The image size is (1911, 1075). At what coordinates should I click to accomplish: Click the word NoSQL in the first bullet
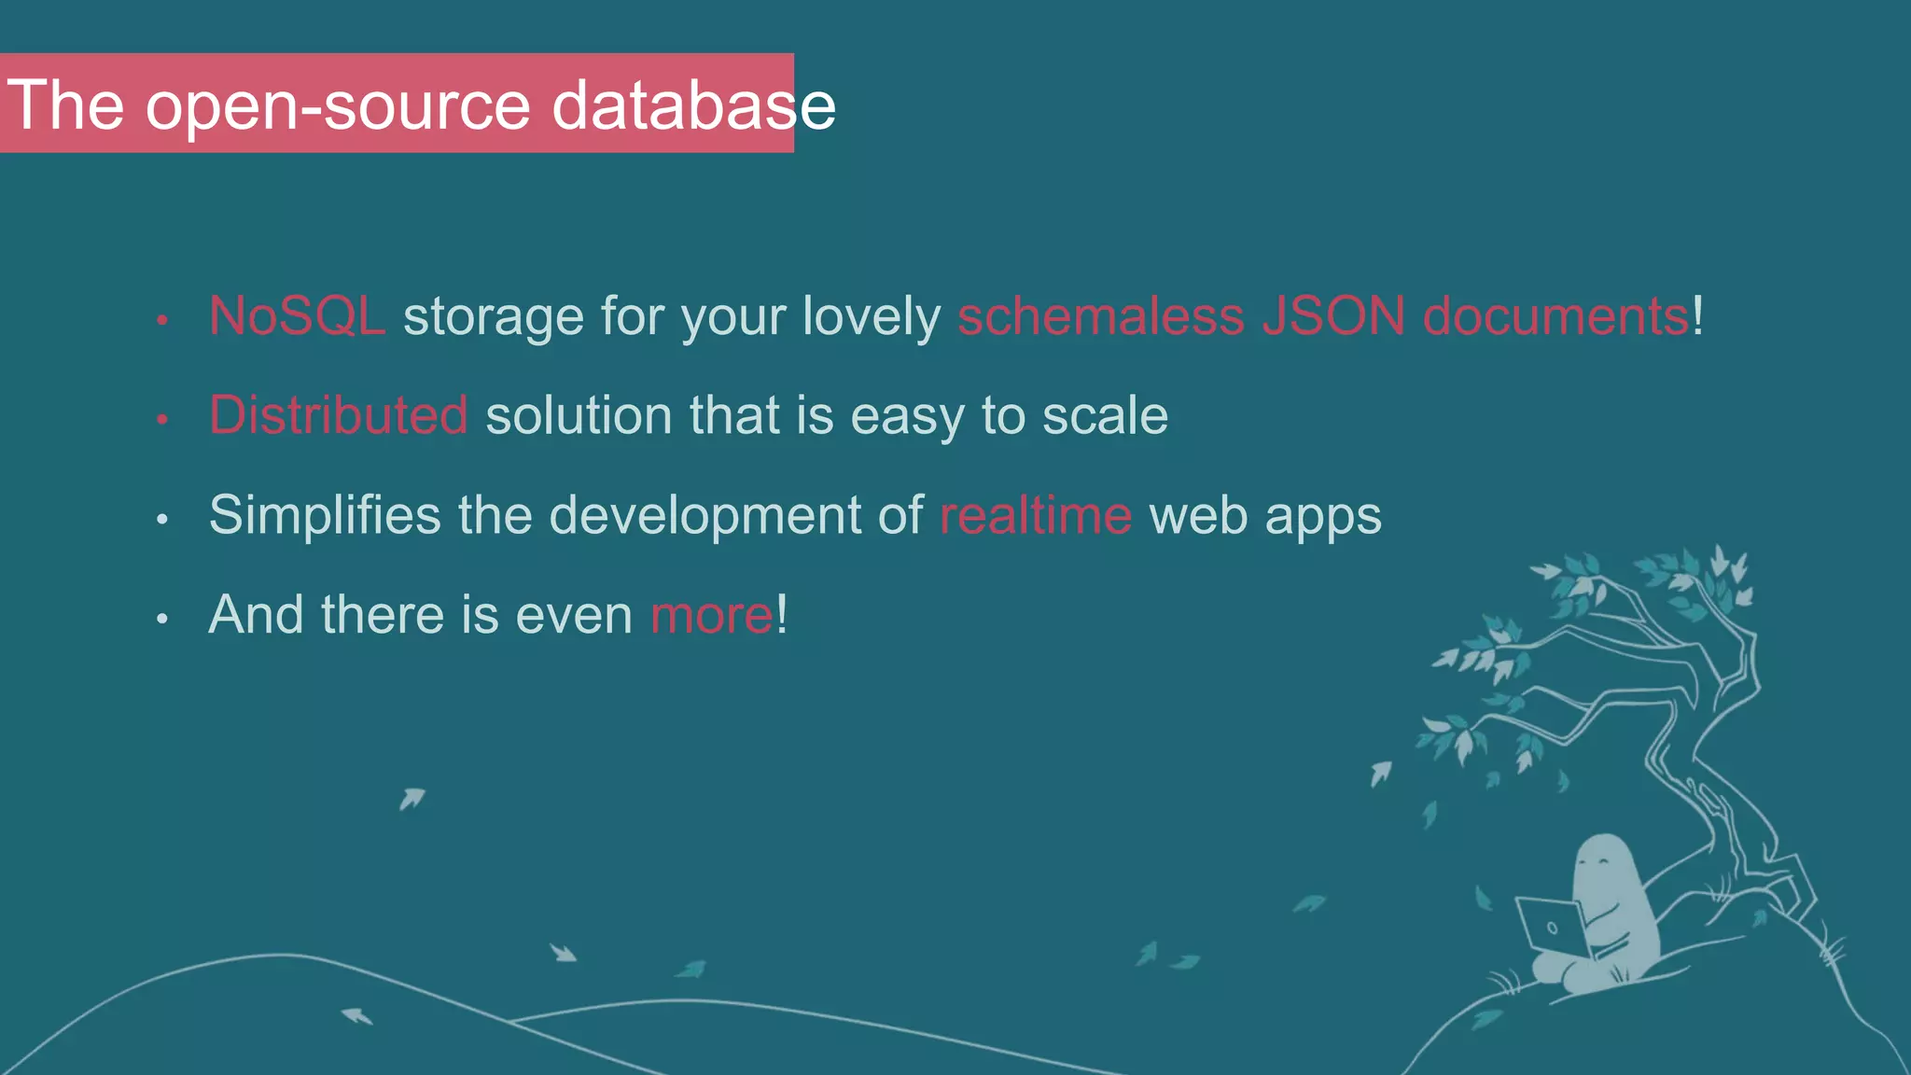pyautogui.click(x=296, y=315)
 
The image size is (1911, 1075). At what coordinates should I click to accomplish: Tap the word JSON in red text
pyautogui.click(x=1333, y=315)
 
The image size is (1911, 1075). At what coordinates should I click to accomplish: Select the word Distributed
pyautogui.click(x=338, y=415)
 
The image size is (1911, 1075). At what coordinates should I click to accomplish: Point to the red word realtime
pyautogui.click(x=1036, y=515)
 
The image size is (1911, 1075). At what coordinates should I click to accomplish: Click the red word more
pyautogui.click(x=711, y=615)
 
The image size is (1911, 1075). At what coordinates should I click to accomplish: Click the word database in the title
pyautogui.click(x=693, y=105)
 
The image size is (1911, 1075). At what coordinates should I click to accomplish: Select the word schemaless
pyautogui.click(x=1101, y=315)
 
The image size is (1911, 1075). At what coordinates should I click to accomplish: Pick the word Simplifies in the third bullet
pyautogui.click(x=325, y=515)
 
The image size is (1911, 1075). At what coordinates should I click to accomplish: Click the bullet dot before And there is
pyautogui.click(x=162, y=618)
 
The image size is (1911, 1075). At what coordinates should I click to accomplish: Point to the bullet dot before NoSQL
pyautogui.click(x=162, y=320)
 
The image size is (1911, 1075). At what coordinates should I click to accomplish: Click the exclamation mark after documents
pyautogui.click(x=1698, y=315)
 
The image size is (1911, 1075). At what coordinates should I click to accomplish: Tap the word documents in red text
pyautogui.click(x=1555, y=315)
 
